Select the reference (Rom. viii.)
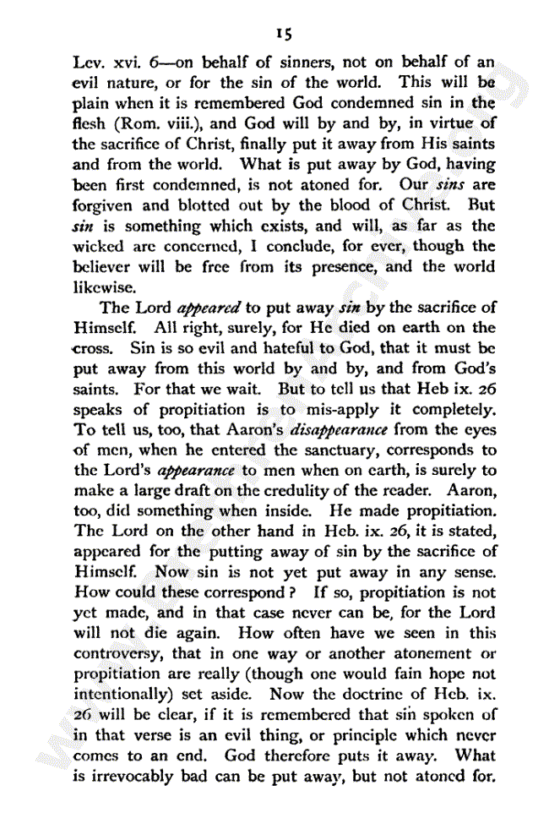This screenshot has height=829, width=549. (x=153, y=123)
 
